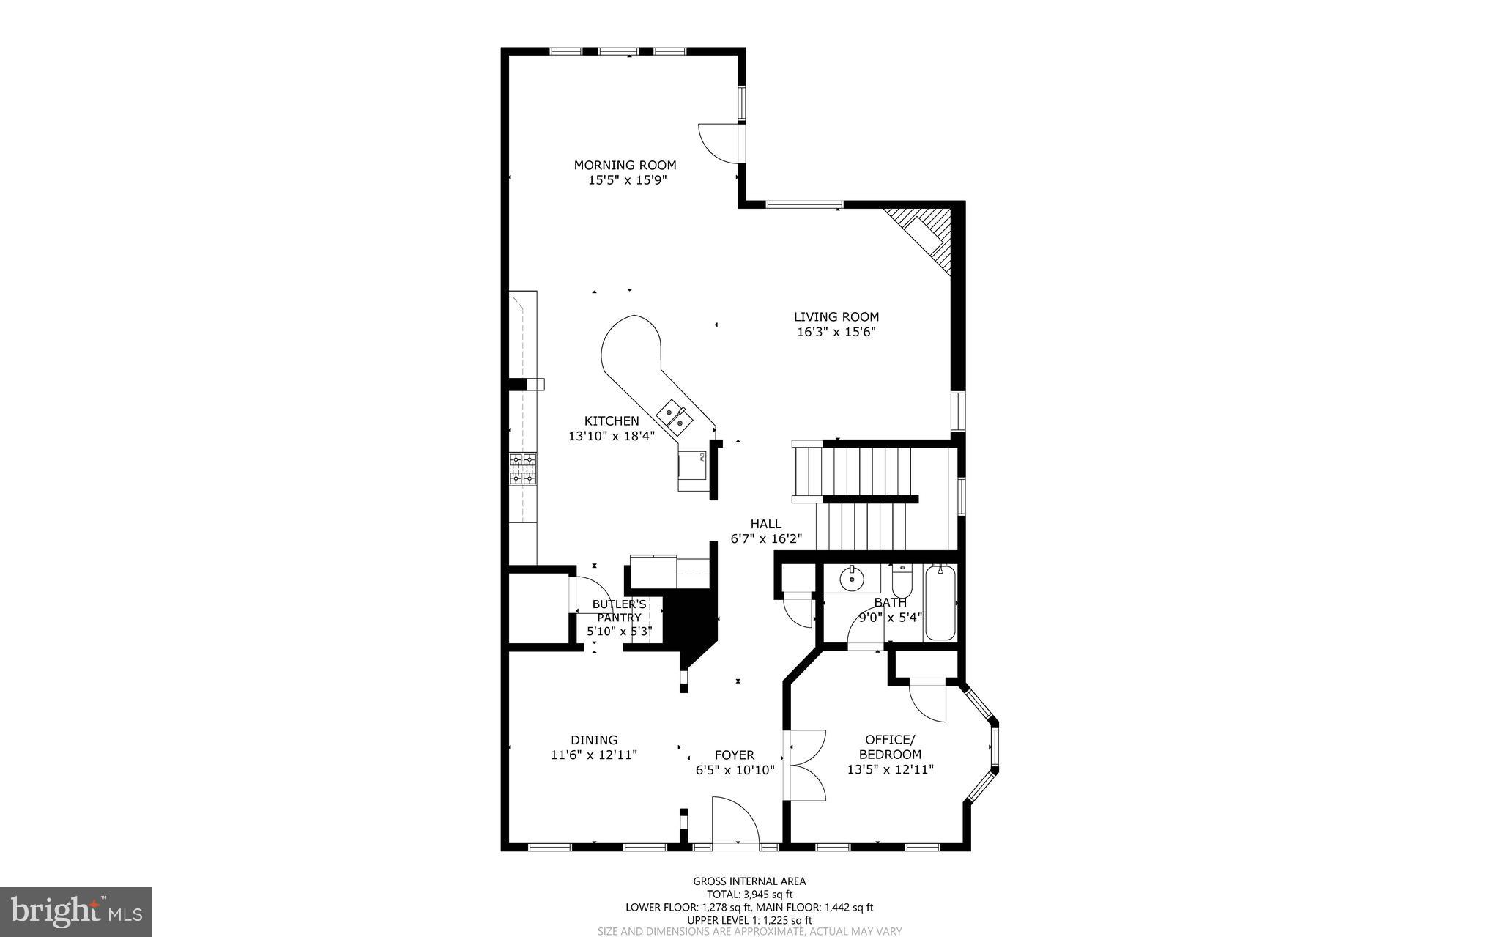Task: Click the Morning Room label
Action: [x=625, y=166]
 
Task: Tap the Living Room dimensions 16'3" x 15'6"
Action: [x=836, y=332]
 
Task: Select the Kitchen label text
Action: [x=612, y=421]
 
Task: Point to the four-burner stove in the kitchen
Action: [x=523, y=469]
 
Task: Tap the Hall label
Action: [x=765, y=524]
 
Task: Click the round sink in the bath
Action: [x=852, y=579]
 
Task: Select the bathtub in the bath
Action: [x=940, y=603]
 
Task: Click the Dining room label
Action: [x=594, y=740]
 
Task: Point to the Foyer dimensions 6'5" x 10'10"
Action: [x=735, y=770]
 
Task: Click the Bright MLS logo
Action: [x=76, y=911]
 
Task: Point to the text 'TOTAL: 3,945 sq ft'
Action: [x=749, y=895]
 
